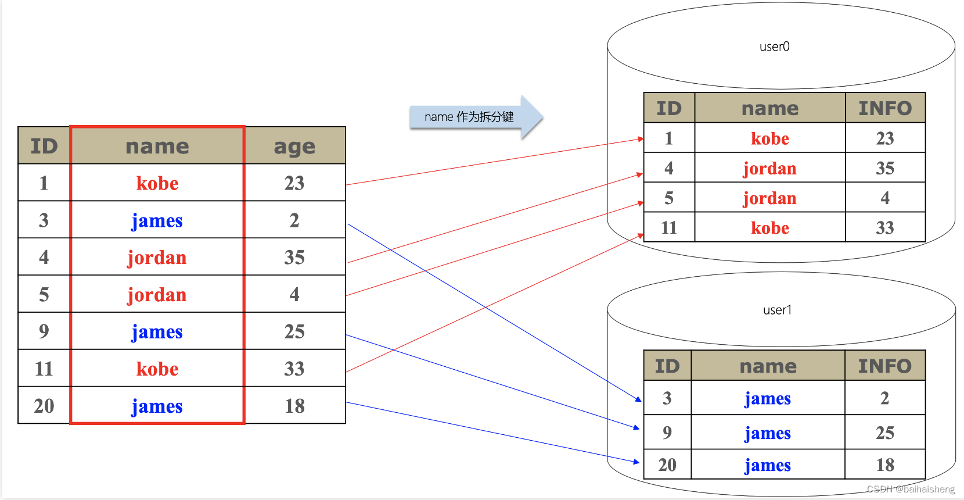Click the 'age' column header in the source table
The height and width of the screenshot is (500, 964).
295,146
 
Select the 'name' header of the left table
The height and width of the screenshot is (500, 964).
157,146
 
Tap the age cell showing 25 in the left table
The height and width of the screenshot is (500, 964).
295,331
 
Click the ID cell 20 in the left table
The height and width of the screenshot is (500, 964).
44,405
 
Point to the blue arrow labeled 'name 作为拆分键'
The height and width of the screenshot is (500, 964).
476,117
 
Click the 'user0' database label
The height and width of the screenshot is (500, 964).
774,47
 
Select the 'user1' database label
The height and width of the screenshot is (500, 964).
777,310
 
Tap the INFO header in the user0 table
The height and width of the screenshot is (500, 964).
885,108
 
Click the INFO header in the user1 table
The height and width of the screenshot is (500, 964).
885,366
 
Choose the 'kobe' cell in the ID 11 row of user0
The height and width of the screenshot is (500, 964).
770,227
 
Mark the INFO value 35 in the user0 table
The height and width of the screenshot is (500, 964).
885,167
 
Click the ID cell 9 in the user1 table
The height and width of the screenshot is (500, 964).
667,433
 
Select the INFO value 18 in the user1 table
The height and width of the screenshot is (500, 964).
885,465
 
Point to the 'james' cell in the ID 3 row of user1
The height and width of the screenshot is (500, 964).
768,398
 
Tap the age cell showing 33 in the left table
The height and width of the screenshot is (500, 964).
295,368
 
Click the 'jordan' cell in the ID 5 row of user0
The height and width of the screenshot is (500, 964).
770,198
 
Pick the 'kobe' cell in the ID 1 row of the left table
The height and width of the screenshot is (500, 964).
157,183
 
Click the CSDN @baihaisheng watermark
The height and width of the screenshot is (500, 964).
911,489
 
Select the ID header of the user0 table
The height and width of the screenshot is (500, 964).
669,108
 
